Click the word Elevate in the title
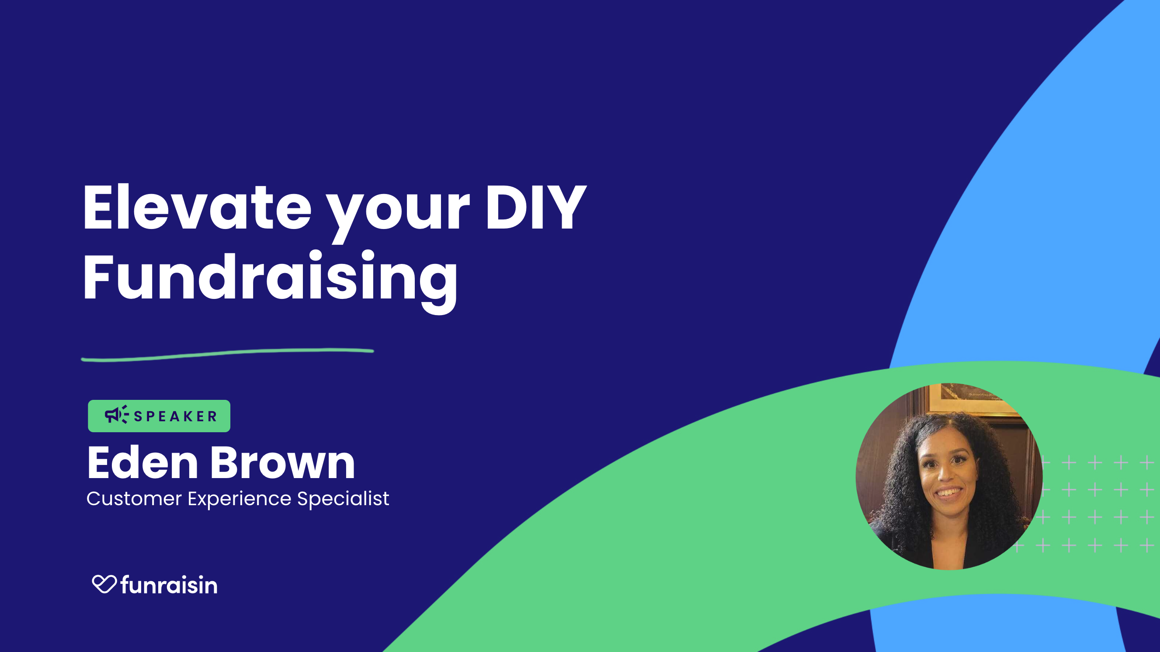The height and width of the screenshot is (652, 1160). pos(197,208)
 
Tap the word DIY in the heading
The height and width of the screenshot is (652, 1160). pos(535,208)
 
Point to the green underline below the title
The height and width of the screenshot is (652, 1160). pos(227,354)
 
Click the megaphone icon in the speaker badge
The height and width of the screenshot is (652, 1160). pos(117,414)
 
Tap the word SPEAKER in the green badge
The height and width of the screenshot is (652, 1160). pos(176,416)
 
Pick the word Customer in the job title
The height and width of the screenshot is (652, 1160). pos(134,499)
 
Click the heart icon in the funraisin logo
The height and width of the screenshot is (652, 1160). pos(104,584)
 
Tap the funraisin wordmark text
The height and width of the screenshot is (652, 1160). pos(169,585)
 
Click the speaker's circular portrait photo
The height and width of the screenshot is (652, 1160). pos(949,476)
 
